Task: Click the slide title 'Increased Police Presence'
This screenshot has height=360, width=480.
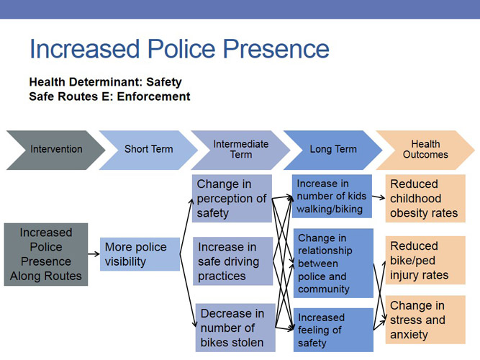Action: [x=179, y=49]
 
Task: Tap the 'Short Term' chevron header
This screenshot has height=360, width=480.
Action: [x=148, y=150]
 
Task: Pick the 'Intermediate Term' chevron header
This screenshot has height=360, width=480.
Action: [x=240, y=150]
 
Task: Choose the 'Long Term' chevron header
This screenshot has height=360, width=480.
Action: [x=332, y=150]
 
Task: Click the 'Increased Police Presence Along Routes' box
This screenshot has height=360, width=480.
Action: [x=46, y=254]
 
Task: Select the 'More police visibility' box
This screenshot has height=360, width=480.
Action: [x=140, y=254]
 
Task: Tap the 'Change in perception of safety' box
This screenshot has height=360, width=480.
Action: [x=232, y=198]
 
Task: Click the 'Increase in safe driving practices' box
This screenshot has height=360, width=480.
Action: [x=232, y=261]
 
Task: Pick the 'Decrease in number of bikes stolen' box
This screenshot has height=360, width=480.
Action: [x=232, y=327]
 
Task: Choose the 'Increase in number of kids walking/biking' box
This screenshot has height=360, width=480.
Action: [x=332, y=196]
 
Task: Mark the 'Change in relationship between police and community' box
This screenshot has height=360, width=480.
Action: [x=332, y=263]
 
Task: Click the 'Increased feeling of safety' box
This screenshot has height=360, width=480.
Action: [x=332, y=330]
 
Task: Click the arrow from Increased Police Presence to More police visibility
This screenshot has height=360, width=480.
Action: [x=94, y=254]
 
